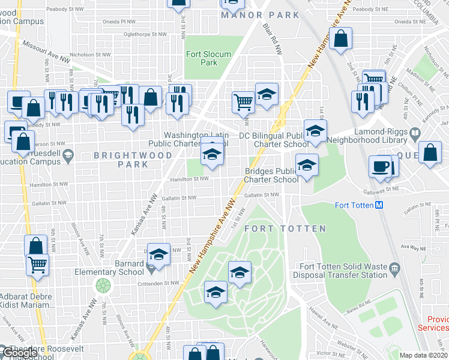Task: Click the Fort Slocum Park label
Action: tap(208, 58)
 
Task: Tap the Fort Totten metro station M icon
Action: tap(379, 205)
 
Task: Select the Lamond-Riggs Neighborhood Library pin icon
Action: tap(414, 132)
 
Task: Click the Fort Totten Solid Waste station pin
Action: tap(394, 267)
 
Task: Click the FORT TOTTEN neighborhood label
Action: tap(285, 229)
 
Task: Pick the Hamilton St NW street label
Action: tap(188, 179)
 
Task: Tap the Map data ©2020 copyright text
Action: tap(424, 355)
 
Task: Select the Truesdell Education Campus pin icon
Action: tap(68, 155)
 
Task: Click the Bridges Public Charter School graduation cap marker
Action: tap(307, 163)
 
